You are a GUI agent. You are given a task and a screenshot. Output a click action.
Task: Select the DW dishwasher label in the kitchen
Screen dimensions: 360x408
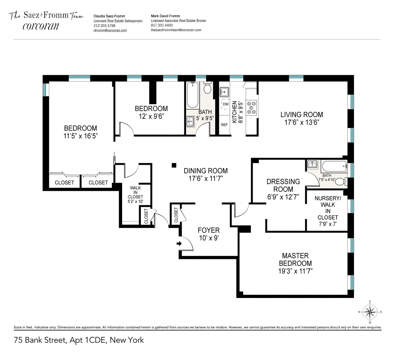pyautogui.click(x=225, y=104)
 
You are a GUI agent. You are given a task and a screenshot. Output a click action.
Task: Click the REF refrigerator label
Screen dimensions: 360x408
pyautogui.click(x=224, y=125)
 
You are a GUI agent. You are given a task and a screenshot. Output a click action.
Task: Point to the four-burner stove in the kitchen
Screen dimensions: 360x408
pyautogui.click(x=252, y=107)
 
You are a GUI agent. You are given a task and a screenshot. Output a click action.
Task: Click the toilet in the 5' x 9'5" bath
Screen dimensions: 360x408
pyautogui.click(x=207, y=89)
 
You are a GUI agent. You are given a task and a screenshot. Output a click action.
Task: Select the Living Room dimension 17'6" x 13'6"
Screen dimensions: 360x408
pyautogui.click(x=302, y=122)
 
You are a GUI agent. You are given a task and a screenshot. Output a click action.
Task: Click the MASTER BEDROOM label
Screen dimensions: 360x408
pyautogui.click(x=295, y=259)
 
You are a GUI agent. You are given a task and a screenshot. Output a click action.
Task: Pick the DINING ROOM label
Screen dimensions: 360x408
pyautogui.click(x=206, y=171)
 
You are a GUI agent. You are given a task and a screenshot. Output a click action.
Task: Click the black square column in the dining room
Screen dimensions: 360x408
pyautogui.click(x=174, y=165)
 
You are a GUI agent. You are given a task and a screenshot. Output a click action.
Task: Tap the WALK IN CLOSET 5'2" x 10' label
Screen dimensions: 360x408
pyautogui.click(x=135, y=195)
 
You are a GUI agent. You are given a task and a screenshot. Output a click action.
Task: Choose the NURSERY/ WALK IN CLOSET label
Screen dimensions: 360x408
pyautogui.click(x=328, y=208)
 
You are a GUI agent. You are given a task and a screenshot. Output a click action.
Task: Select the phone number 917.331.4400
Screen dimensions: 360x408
pyautogui.click(x=161, y=25)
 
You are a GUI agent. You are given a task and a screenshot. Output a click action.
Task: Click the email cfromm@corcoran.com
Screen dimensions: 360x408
pyautogui.click(x=110, y=31)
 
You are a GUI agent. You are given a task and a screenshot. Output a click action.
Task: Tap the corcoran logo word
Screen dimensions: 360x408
pyautogui.click(x=41, y=26)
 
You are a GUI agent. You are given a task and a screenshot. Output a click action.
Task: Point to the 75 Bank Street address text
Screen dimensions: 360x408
pyautogui.click(x=79, y=340)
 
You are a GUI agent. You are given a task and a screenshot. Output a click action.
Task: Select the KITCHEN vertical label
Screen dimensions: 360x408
pyautogui.click(x=234, y=112)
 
